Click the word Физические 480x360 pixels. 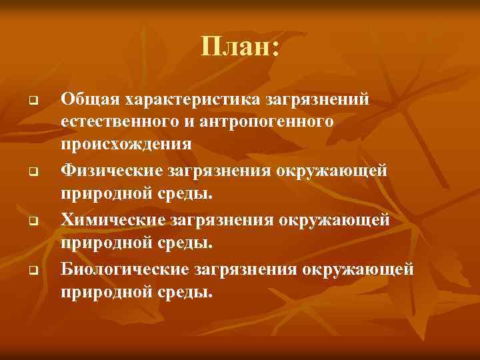[x=107, y=171]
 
